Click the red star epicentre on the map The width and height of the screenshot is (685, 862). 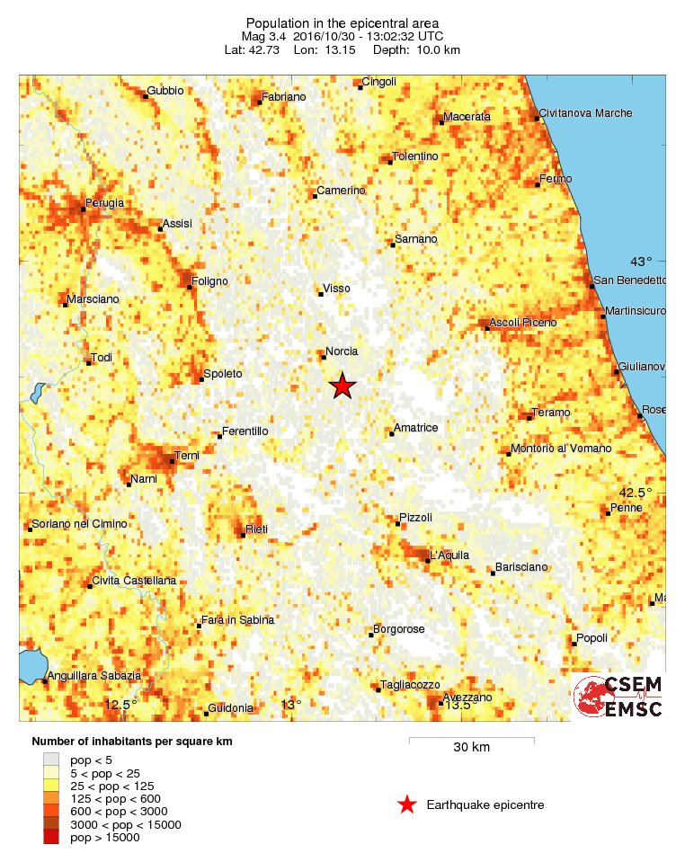342,386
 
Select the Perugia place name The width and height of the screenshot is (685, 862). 104,203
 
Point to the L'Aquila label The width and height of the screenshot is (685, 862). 449,555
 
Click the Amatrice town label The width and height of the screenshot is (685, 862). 418,428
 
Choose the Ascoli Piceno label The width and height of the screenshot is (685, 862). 523,322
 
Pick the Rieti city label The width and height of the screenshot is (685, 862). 256,529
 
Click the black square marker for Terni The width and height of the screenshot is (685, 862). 173,461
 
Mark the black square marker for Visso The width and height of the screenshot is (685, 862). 321,293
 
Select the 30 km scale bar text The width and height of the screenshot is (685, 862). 471,748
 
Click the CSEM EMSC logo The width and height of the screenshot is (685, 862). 618,697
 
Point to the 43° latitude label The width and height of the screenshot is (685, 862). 641,262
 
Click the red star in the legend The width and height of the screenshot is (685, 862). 407,804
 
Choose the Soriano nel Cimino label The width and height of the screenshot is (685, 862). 79,524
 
